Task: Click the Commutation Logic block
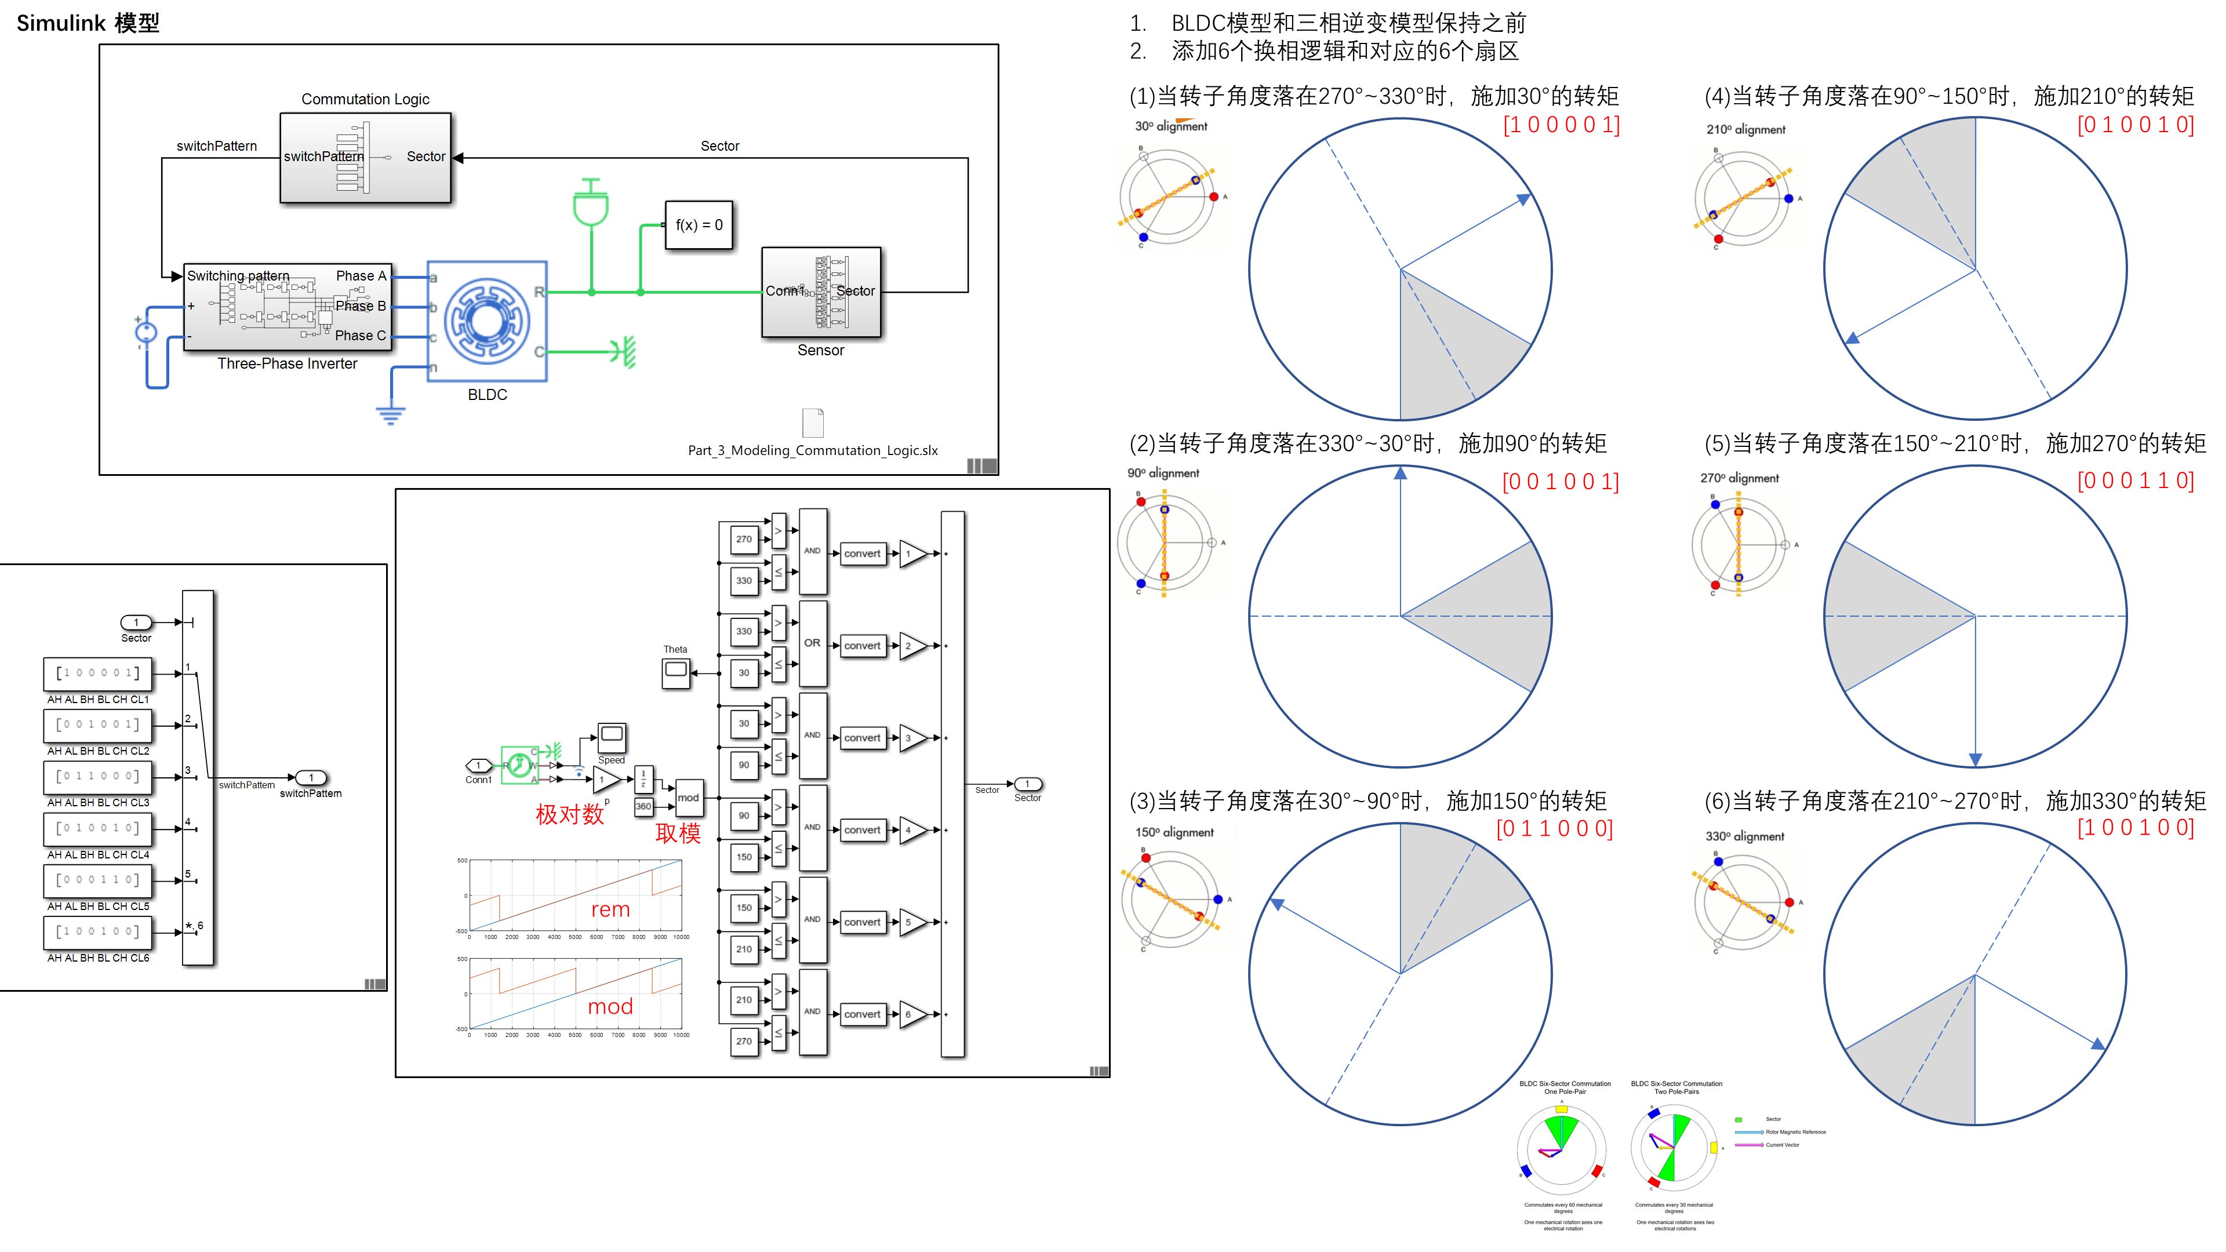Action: pos(365,157)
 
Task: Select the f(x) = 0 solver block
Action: pos(698,225)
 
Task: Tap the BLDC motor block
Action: pos(486,321)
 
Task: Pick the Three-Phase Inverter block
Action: pos(287,307)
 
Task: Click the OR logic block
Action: pos(812,643)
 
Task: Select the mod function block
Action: pos(688,798)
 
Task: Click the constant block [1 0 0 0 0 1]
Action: pos(97,673)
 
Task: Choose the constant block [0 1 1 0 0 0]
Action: pos(97,776)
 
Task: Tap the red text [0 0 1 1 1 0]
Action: pos(2134,481)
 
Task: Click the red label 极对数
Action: pos(569,814)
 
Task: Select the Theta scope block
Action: pos(676,671)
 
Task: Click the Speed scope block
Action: pos(611,737)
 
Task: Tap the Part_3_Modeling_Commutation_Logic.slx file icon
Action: pos(812,423)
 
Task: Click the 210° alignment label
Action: pos(1745,130)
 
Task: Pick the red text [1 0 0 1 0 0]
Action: pos(2134,828)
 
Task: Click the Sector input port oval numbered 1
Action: pos(136,622)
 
